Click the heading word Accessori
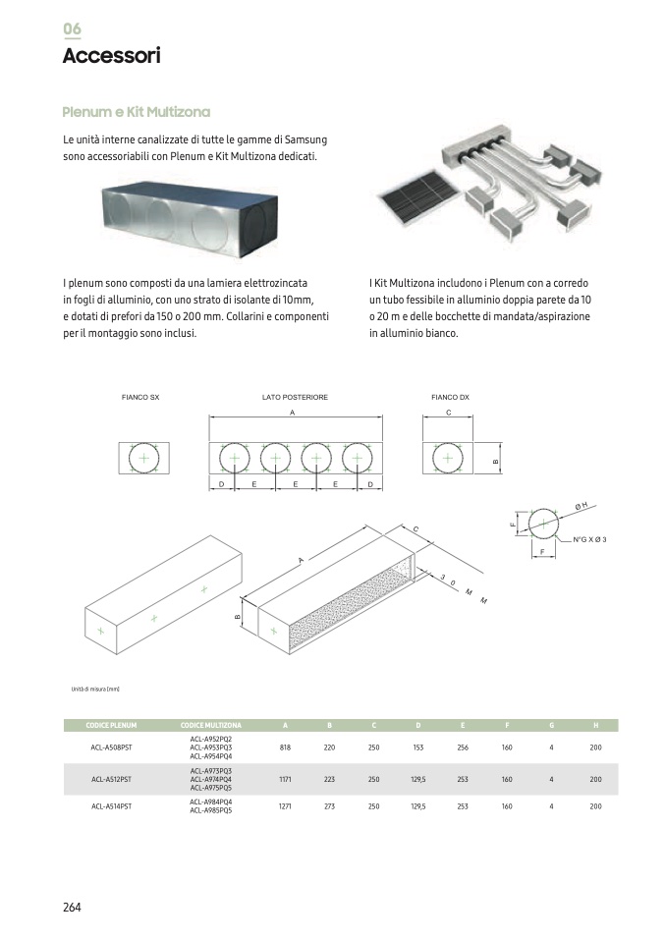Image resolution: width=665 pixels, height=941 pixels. [x=111, y=56]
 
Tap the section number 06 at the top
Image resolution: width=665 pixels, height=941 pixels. [x=72, y=28]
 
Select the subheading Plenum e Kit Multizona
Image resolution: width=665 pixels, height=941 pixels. [x=136, y=112]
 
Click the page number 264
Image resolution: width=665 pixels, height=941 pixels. [x=72, y=908]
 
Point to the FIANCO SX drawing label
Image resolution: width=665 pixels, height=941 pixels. [x=140, y=397]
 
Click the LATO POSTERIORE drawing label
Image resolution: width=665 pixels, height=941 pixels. [x=295, y=397]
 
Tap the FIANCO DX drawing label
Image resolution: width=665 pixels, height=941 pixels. [x=450, y=397]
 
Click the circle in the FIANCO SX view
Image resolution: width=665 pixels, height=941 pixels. [x=144, y=459]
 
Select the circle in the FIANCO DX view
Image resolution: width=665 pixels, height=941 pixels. [x=448, y=459]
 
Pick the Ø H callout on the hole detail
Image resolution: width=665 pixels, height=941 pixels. [x=582, y=506]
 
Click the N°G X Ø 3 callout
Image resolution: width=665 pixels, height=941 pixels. [x=589, y=540]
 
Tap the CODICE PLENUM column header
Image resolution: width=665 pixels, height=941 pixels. [x=111, y=726]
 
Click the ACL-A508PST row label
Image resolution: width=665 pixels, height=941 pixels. [x=111, y=747]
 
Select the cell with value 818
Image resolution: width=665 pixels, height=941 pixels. [x=286, y=747]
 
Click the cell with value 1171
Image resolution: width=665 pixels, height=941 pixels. [x=286, y=779]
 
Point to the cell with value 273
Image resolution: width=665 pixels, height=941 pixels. [x=329, y=806]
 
